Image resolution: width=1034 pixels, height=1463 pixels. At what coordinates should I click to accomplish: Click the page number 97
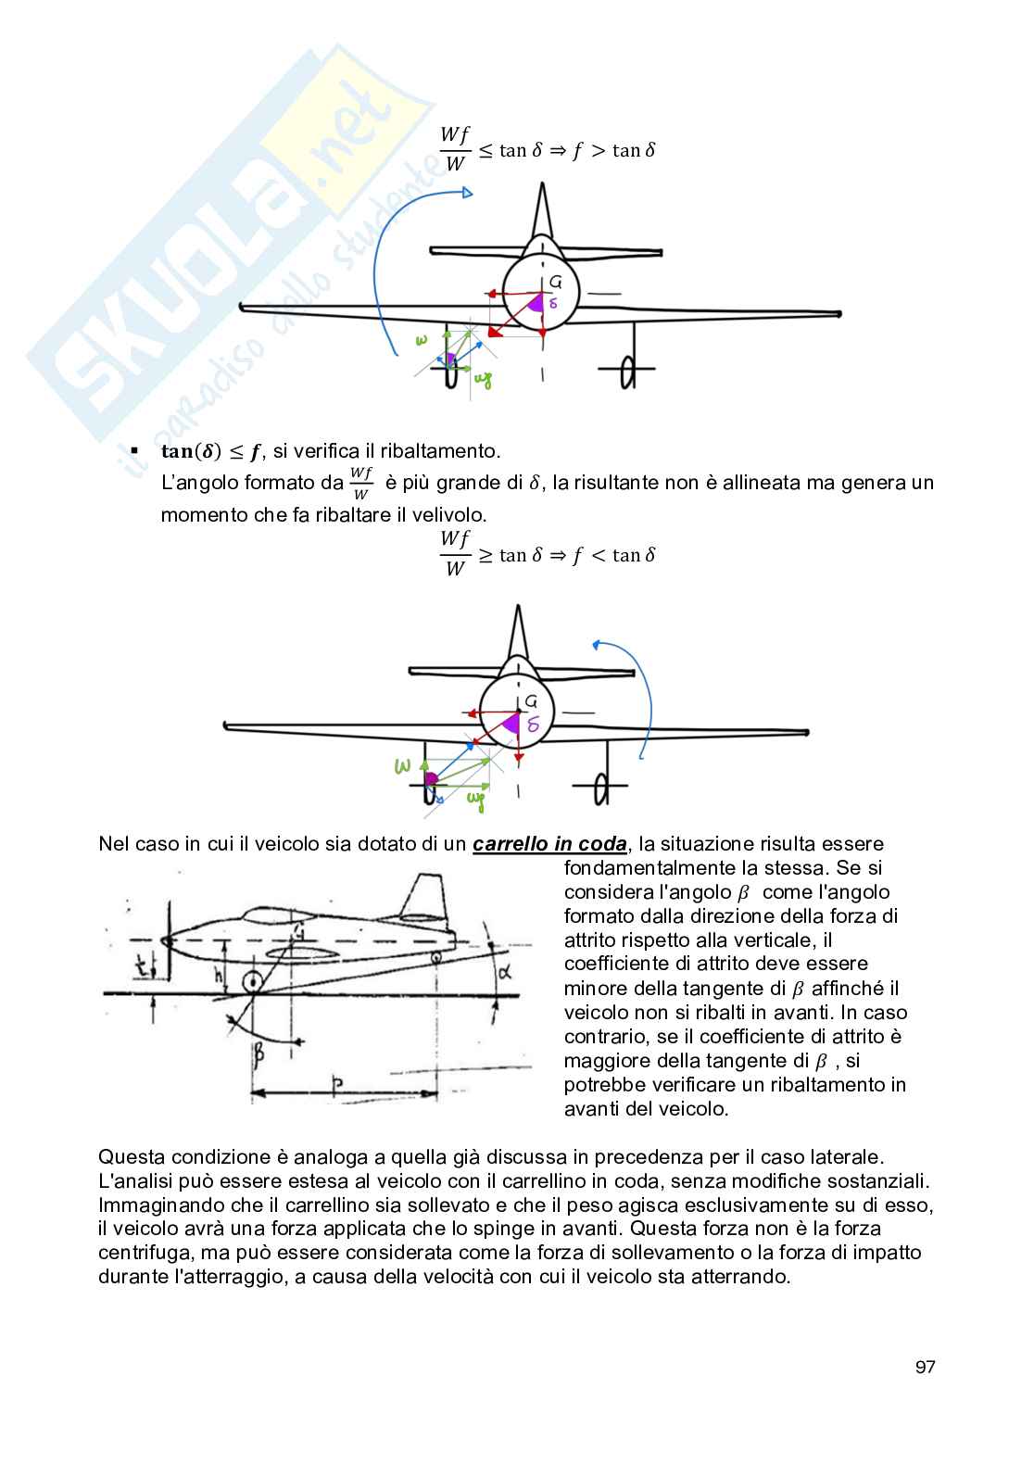[x=925, y=1368]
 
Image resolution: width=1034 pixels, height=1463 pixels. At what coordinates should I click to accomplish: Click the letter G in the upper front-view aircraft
[x=556, y=282]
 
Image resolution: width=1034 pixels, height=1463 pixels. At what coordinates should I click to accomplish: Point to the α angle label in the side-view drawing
[x=507, y=970]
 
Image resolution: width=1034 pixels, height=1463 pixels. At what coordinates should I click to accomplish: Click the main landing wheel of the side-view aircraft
[x=251, y=982]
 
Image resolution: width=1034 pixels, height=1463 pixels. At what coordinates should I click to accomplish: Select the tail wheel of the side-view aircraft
[x=436, y=955]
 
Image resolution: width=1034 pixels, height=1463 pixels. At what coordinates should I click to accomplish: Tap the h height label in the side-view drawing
[x=219, y=975]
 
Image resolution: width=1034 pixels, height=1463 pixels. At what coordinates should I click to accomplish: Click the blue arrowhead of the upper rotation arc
[x=466, y=193]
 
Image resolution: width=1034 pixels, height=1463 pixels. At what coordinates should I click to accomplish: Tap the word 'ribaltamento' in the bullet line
[x=444, y=451]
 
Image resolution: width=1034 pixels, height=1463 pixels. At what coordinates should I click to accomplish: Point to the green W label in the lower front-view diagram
[x=402, y=766]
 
